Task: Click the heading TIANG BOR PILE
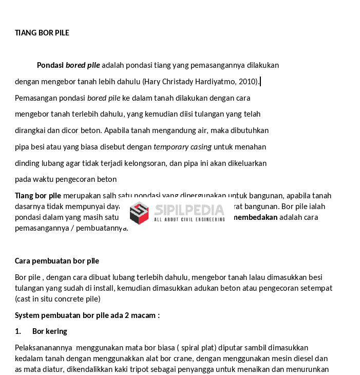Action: tap(42, 33)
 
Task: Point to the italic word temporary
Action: tap(171, 147)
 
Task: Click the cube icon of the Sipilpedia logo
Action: tap(139, 212)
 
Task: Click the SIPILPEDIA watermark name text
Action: tap(189, 210)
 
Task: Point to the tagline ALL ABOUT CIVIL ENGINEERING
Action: tap(189, 220)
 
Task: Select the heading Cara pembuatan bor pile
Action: tap(57, 261)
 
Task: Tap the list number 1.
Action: tap(18, 331)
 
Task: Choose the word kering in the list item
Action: tap(57, 331)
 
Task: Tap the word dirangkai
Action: tap(31, 130)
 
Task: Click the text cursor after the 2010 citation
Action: tap(260, 82)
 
